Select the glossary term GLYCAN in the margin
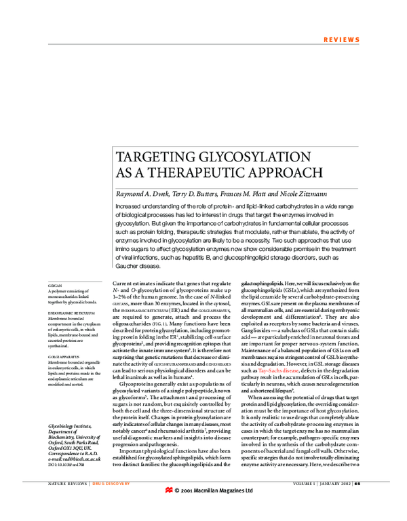pos(55,286)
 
